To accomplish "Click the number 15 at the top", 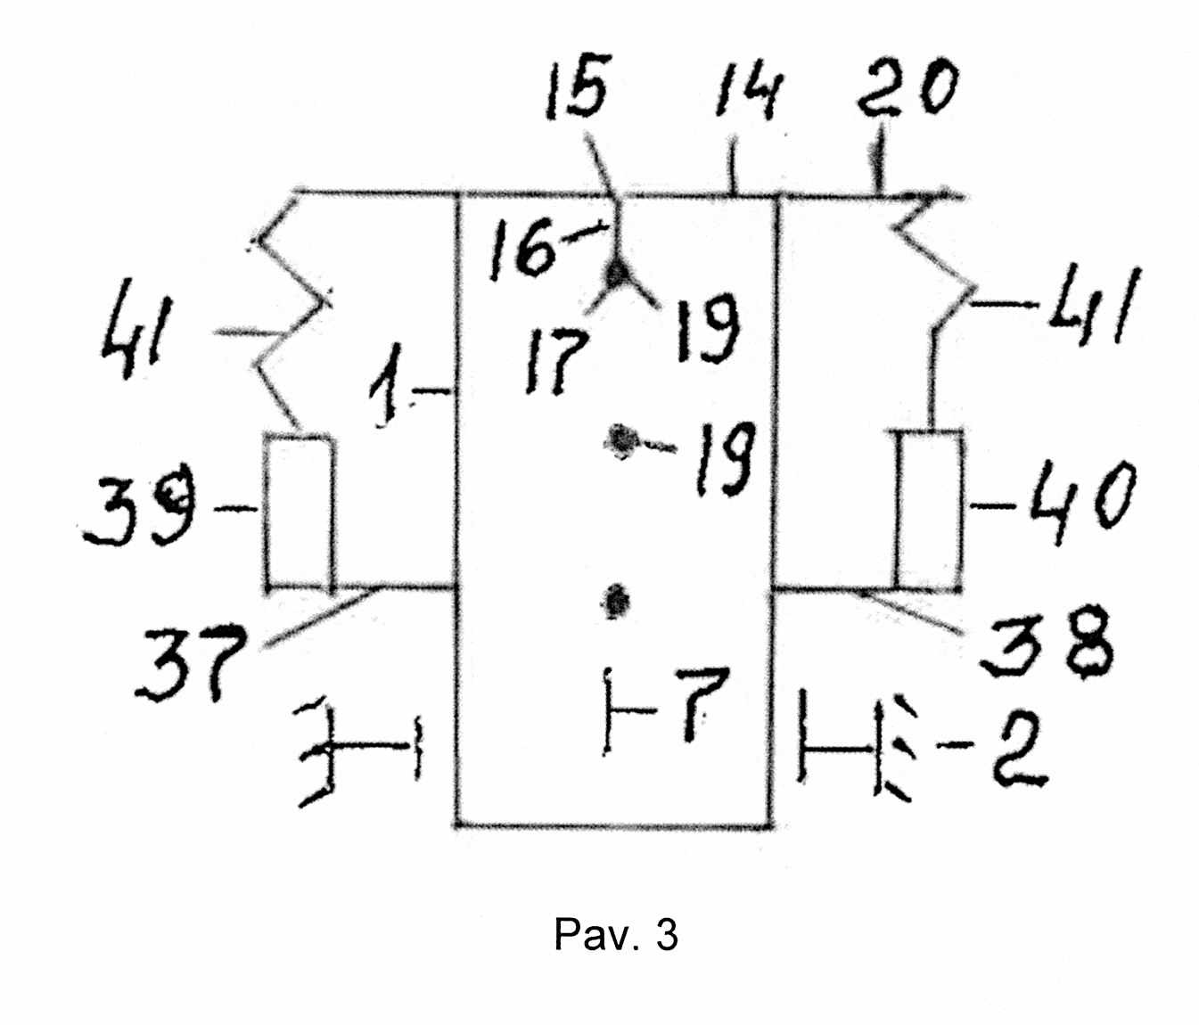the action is [x=578, y=87].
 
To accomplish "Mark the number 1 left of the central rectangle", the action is [x=390, y=384].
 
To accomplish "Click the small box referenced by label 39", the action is [x=300, y=512].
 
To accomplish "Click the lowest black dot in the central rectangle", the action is [x=616, y=603].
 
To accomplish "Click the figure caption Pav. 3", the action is [x=616, y=934].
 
